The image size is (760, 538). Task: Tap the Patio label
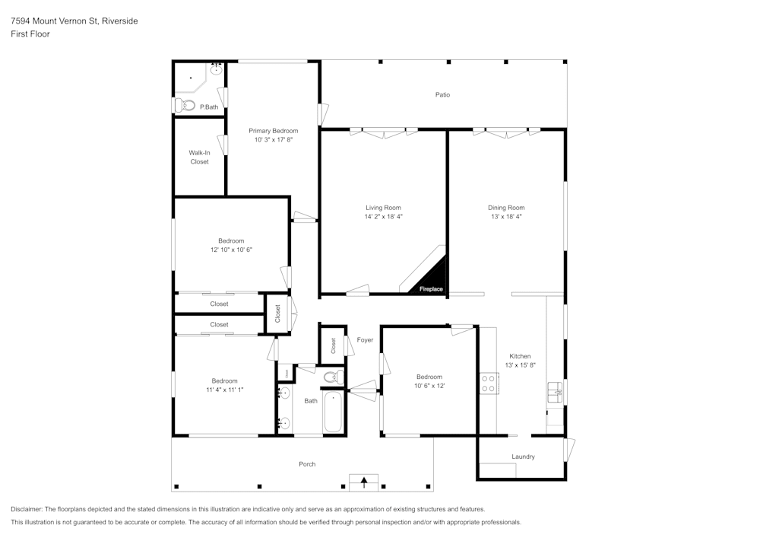(442, 95)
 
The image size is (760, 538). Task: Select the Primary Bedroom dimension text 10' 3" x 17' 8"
(273, 140)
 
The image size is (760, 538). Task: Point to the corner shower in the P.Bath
(190, 78)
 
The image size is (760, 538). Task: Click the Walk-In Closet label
(199, 157)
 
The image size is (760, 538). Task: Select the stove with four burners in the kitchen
(488, 384)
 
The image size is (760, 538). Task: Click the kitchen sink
(554, 393)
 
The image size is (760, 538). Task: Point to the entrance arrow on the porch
(364, 481)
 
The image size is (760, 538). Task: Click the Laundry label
(523, 457)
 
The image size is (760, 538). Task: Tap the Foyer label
(365, 340)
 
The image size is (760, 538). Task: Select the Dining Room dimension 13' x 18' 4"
(506, 217)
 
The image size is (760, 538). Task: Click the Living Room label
(383, 207)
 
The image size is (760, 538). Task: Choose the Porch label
(307, 464)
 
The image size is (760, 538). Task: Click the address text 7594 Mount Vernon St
(53, 21)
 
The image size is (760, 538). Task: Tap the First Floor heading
(30, 34)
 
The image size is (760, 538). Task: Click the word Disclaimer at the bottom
(27, 509)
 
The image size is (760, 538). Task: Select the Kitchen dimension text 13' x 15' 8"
(520, 365)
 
